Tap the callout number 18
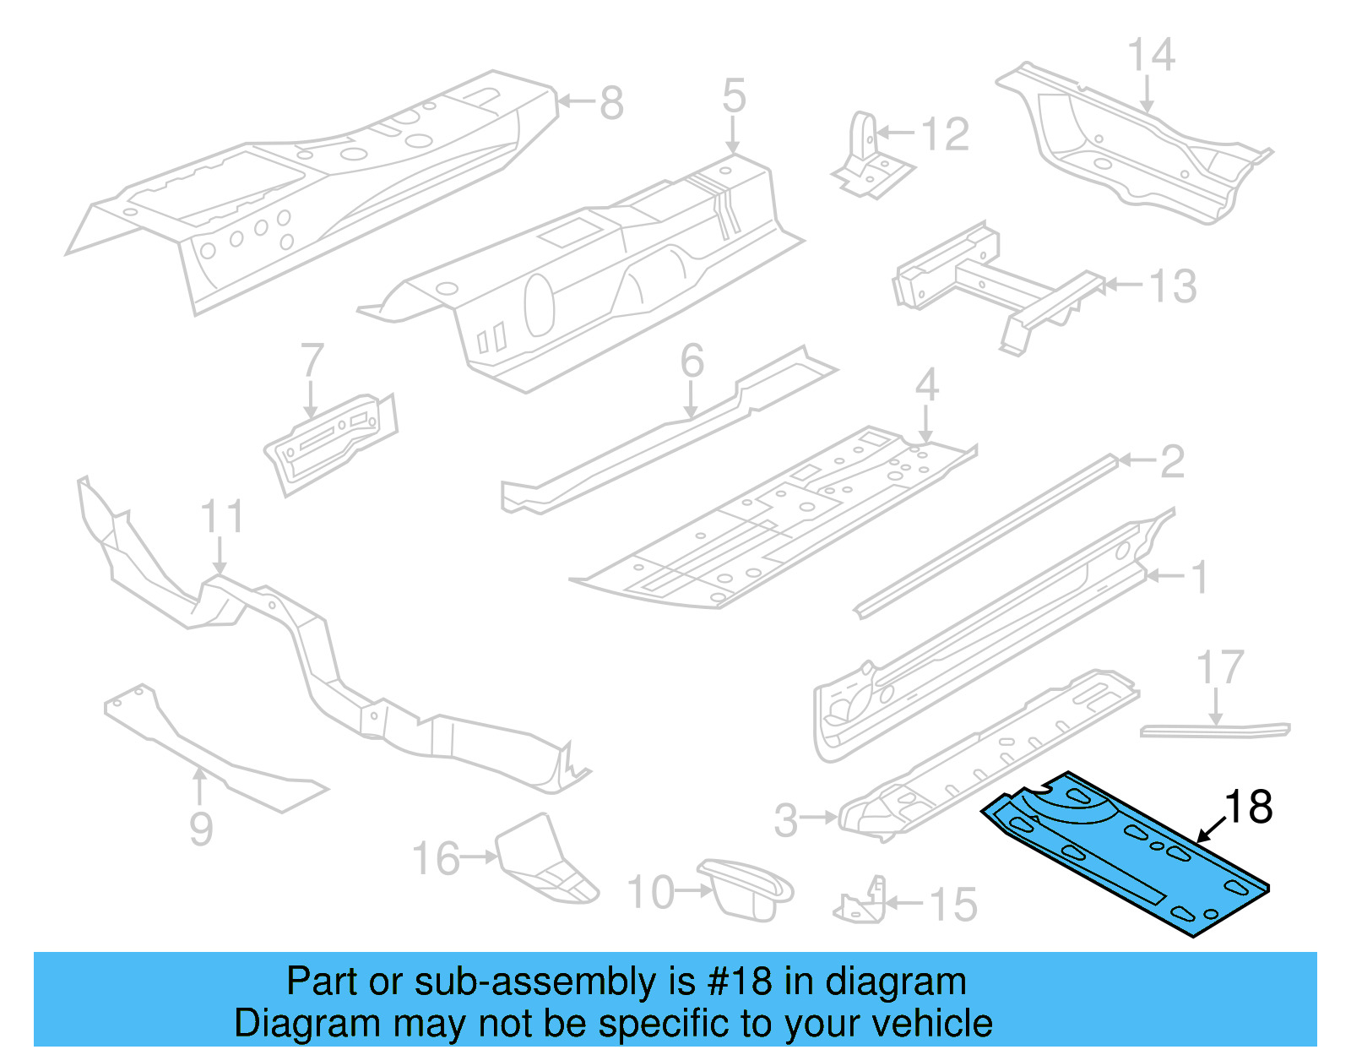[1248, 808]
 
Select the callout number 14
[1152, 56]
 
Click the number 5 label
[734, 95]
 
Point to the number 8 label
[611, 104]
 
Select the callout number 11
[222, 517]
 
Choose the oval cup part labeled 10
[743, 887]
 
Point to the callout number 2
[1172, 461]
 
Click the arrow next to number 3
[818, 817]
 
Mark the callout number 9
[201, 829]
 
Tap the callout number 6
[692, 362]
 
